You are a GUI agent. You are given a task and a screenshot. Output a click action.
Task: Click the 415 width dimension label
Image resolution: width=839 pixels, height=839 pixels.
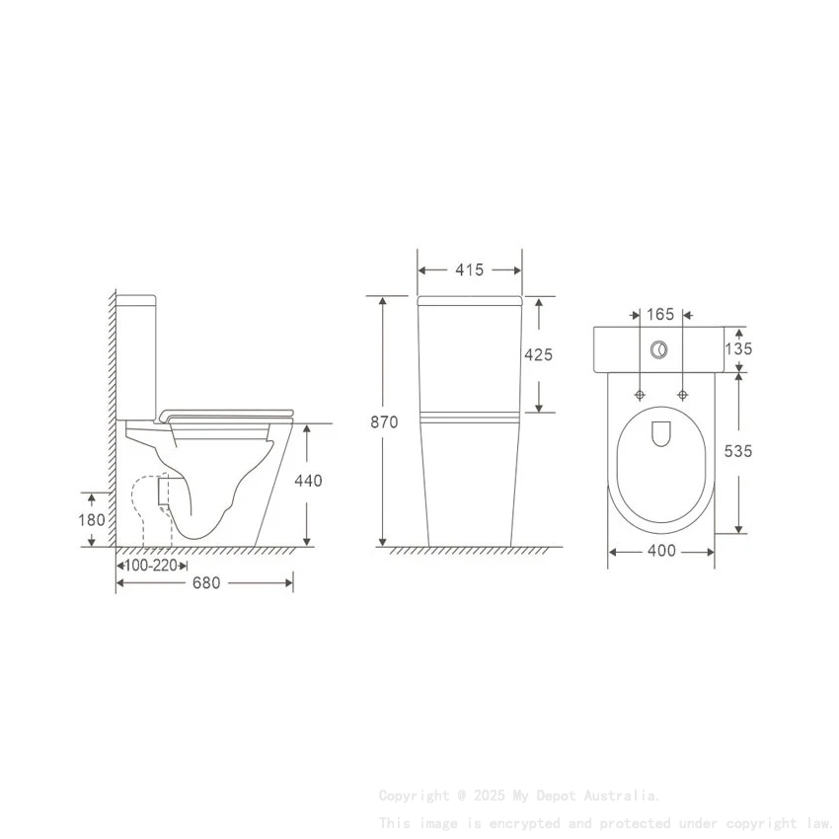(470, 269)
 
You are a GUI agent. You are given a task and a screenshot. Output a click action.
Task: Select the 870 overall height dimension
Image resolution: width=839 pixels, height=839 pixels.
(384, 421)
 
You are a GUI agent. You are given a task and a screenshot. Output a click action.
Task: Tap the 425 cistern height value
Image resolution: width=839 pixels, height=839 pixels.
(539, 354)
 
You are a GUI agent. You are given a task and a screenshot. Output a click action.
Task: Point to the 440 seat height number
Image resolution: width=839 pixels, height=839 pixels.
(308, 481)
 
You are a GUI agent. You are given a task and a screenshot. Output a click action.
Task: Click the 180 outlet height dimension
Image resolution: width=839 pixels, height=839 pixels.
(92, 519)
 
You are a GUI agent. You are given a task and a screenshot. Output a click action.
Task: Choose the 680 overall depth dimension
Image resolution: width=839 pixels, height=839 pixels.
(205, 583)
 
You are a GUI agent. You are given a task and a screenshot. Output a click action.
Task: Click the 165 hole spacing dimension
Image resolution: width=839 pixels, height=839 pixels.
(659, 315)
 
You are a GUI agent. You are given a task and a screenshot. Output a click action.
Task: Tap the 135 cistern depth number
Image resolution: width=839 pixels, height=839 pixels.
(738, 348)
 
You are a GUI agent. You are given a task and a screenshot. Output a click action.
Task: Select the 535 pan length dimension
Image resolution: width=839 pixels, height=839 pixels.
(738, 450)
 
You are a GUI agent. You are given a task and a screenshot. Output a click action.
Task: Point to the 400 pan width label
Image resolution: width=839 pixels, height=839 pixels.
(660, 551)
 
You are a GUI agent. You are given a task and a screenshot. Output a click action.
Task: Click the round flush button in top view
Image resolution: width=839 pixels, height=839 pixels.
(659, 349)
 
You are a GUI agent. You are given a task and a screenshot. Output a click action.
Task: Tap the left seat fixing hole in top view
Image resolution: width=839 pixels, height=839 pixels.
(640, 395)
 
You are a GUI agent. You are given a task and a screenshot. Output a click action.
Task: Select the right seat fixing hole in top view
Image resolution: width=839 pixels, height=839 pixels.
(682, 395)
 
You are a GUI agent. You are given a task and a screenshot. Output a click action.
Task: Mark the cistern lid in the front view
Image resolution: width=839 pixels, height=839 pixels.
(470, 300)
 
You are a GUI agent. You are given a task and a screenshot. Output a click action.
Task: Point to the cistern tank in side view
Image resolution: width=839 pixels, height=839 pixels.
(137, 355)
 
